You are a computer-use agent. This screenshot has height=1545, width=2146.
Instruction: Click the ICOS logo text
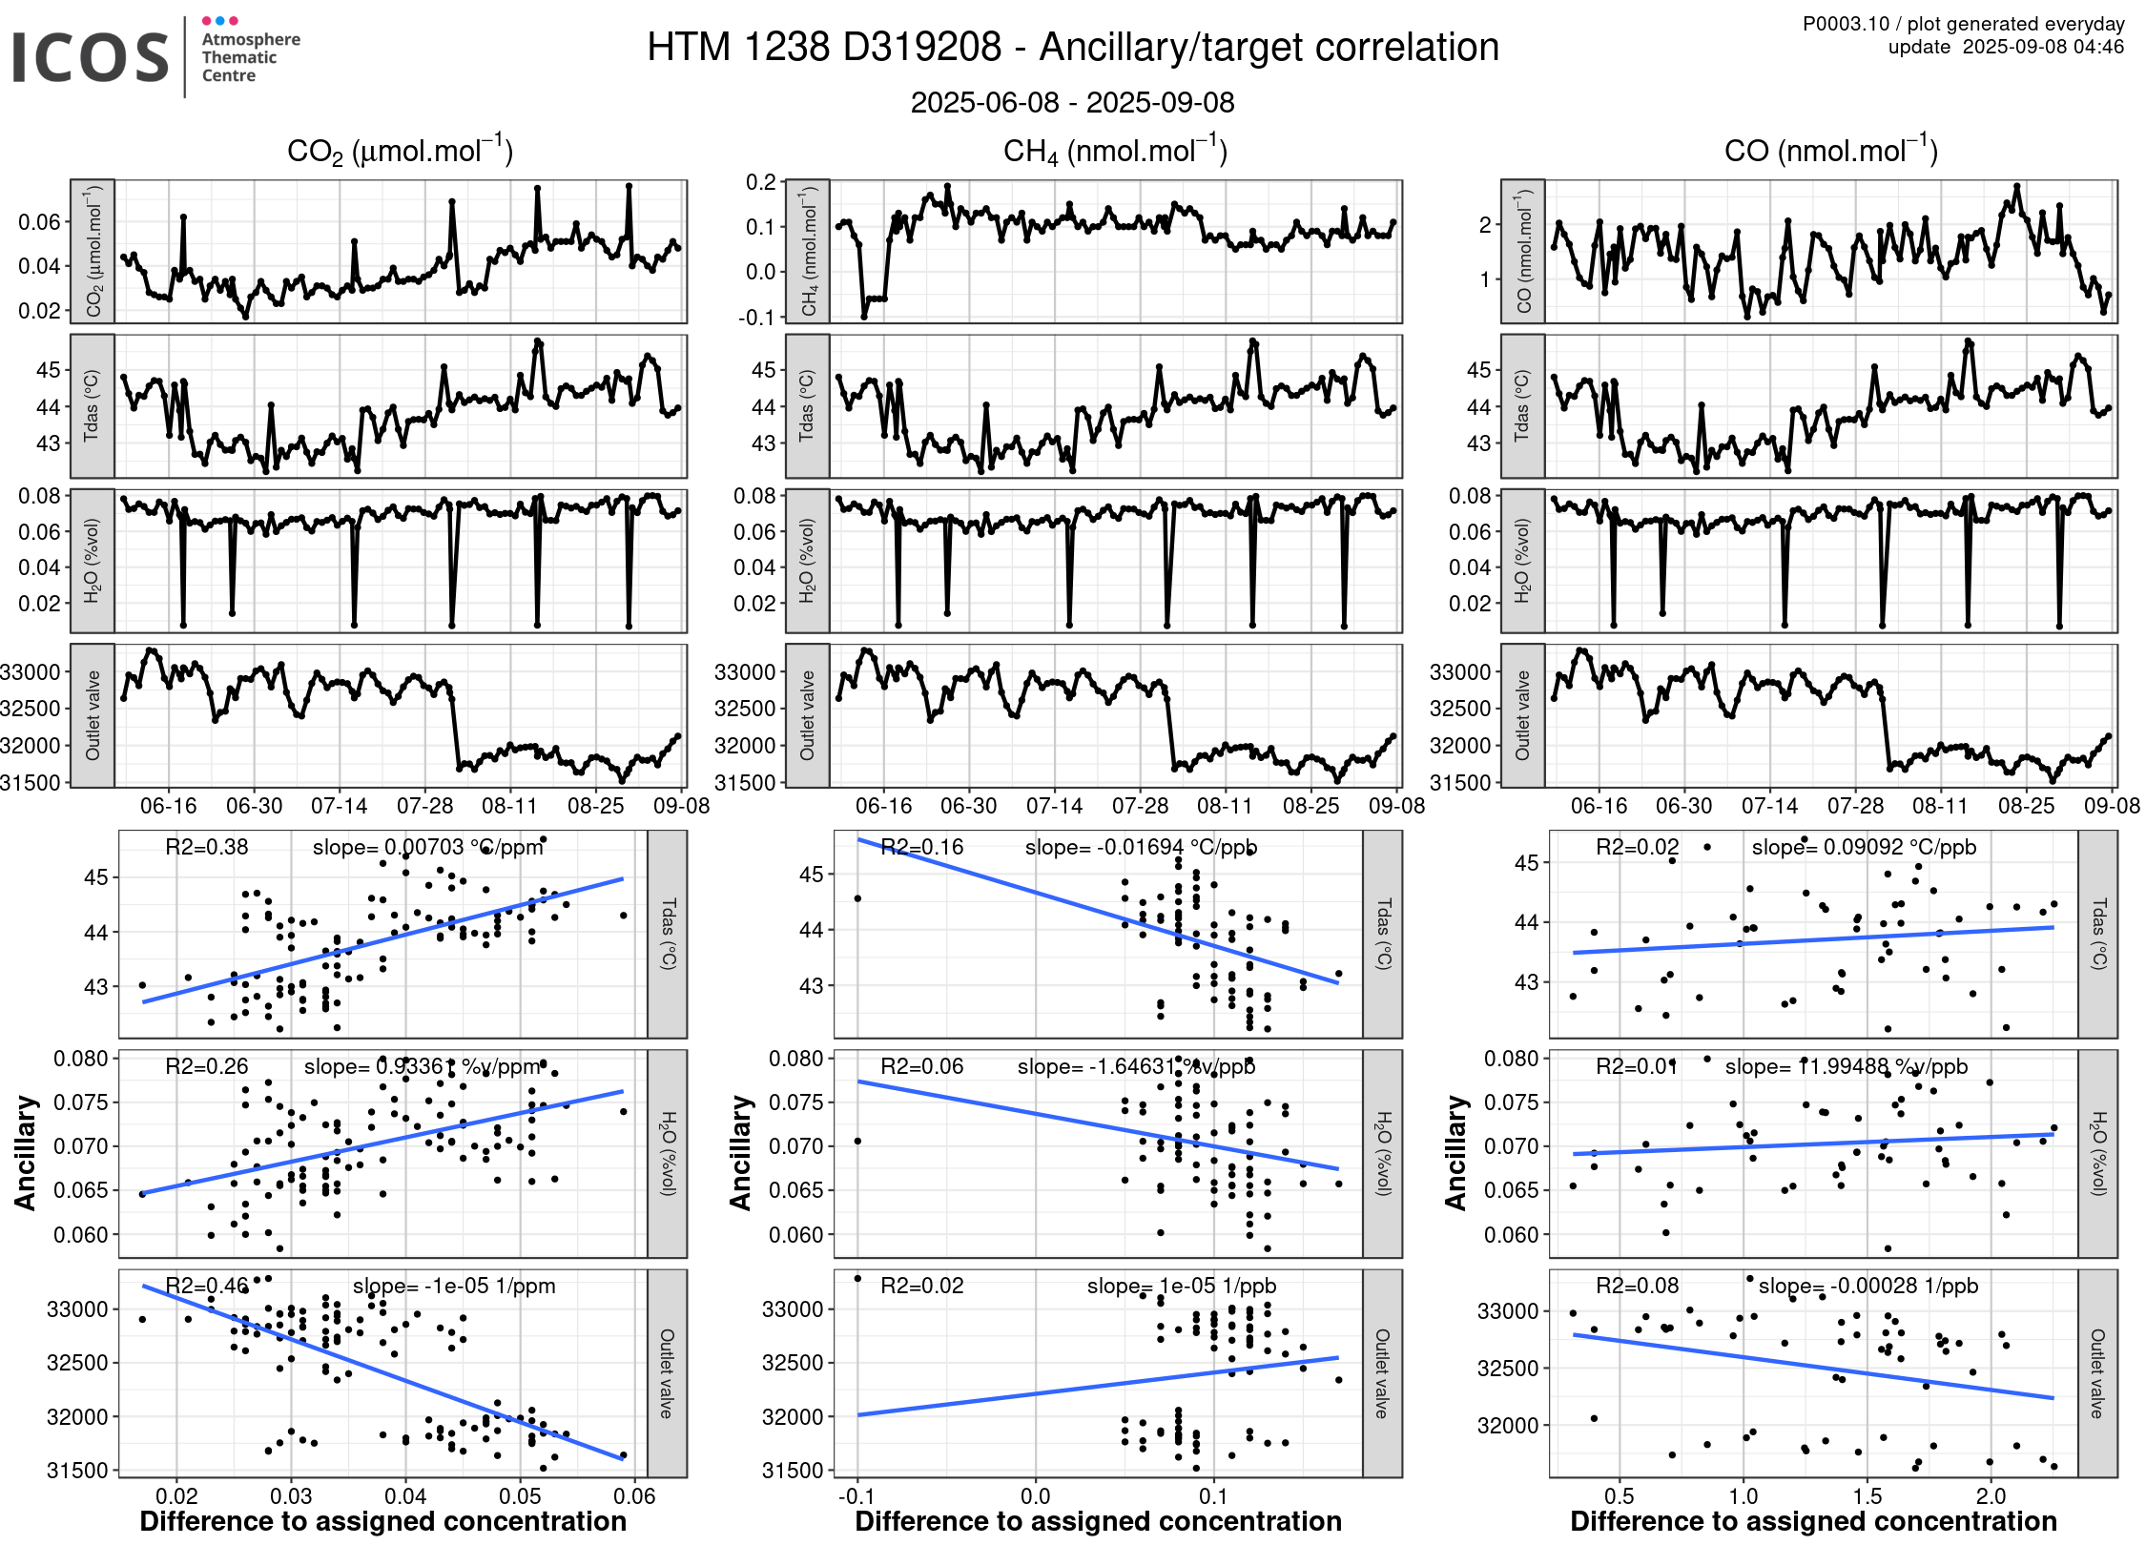(x=90, y=57)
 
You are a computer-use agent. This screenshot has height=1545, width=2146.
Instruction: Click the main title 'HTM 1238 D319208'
(x=824, y=48)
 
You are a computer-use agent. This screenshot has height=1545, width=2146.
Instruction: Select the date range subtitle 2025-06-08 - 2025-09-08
(x=1072, y=103)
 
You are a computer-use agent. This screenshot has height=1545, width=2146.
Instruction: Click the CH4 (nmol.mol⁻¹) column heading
(x=1115, y=151)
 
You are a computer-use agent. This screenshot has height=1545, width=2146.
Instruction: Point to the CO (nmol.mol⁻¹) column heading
(x=1830, y=151)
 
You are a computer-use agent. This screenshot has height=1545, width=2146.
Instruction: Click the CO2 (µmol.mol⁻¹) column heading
(x=400, y=151)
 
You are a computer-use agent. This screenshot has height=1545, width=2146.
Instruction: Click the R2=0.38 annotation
(x=206, y=847)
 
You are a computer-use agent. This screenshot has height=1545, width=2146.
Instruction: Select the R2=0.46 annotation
(x=206, y=1286)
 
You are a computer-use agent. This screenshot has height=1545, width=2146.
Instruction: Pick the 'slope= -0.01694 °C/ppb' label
(x=1141, y=847)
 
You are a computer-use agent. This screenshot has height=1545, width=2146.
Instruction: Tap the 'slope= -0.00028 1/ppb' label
(x=1867, y=1286)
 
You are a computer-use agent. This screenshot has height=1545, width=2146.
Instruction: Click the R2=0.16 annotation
(x=921, y=847)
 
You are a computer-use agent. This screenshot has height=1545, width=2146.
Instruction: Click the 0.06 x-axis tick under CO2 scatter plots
(x=634, y=1496)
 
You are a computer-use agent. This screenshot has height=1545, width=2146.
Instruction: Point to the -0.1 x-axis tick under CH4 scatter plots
(x=856, y=1496)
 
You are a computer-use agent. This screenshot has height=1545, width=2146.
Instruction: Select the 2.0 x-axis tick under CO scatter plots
(x=1991, y=1496)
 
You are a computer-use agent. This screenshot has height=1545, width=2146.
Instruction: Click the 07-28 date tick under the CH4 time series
(x=1140, y=806)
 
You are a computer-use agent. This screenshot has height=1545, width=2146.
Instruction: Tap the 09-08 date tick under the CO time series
(x=2111, y=806)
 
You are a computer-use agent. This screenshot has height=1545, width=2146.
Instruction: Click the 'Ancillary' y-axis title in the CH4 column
(x=740, y=1152)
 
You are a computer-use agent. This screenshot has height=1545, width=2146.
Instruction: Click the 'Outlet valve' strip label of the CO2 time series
(x=93, y=715)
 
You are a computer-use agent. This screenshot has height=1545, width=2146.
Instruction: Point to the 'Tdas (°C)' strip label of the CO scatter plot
(x=2097, y=934)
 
